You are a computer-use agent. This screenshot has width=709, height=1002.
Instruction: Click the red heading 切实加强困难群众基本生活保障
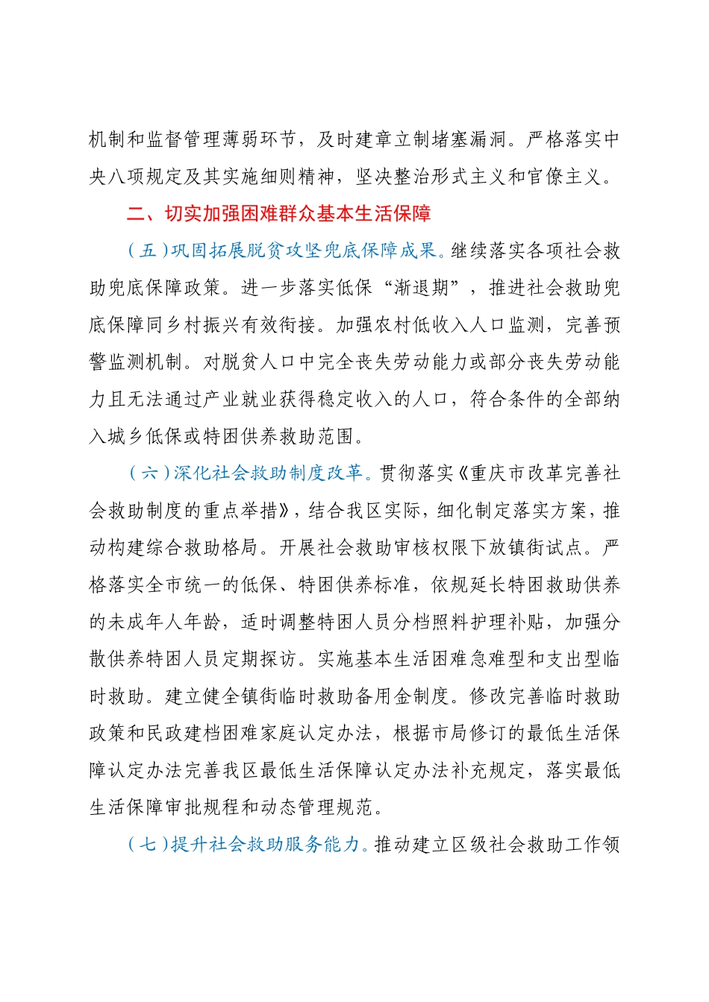click(298, 214)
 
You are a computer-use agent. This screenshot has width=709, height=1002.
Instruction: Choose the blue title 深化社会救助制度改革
click(268, 473)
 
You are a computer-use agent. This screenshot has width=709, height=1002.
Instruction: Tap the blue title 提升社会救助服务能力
click(266, 844)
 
